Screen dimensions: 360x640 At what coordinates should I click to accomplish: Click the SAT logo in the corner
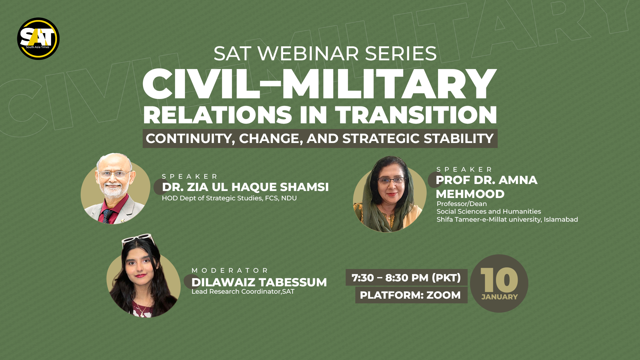tap(38, 39)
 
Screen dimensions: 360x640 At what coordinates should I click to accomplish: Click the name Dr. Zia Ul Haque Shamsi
tap(245, 187)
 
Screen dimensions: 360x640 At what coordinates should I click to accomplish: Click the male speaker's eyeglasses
tap(114, 174)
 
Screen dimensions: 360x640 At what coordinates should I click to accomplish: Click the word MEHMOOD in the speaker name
tap(470, 194)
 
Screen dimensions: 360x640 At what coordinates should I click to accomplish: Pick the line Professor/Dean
tap(462, 204)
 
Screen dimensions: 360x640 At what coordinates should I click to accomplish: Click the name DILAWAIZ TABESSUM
tap(259, 282)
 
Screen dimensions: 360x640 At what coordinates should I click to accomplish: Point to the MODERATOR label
tap(230, 270)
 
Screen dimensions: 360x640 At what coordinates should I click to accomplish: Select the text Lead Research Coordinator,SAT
tap(243, 292)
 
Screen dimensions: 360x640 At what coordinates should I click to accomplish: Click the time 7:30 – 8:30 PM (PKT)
tap(406, 278)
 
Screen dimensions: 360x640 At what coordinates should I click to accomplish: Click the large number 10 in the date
tap(499, 280)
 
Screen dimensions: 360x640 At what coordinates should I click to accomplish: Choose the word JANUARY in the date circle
tap(499, 297)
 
